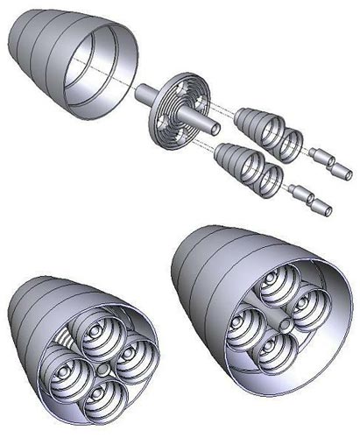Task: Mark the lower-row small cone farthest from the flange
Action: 273,179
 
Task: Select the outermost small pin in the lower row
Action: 321,208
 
